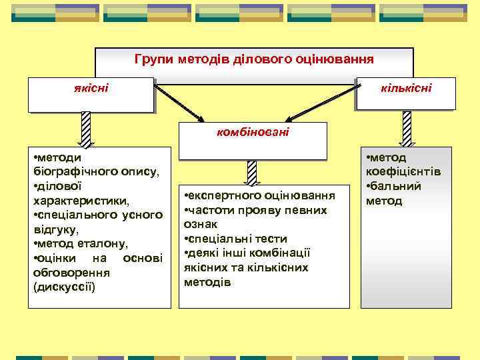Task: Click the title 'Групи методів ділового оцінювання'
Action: [254, 59]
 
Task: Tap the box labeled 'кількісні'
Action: [406, 87]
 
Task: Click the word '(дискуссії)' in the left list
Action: [64, 287]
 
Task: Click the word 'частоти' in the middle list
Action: [209, 210]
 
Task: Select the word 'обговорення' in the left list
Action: [64, 273]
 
